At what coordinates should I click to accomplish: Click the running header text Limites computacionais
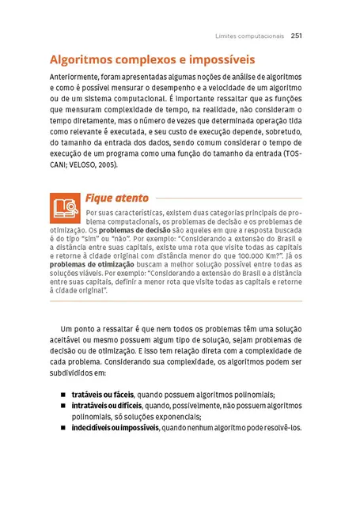pos(250,36)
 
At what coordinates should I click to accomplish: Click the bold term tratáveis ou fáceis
pos(102,394)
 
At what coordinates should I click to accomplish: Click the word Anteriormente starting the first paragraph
pos(75,76)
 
